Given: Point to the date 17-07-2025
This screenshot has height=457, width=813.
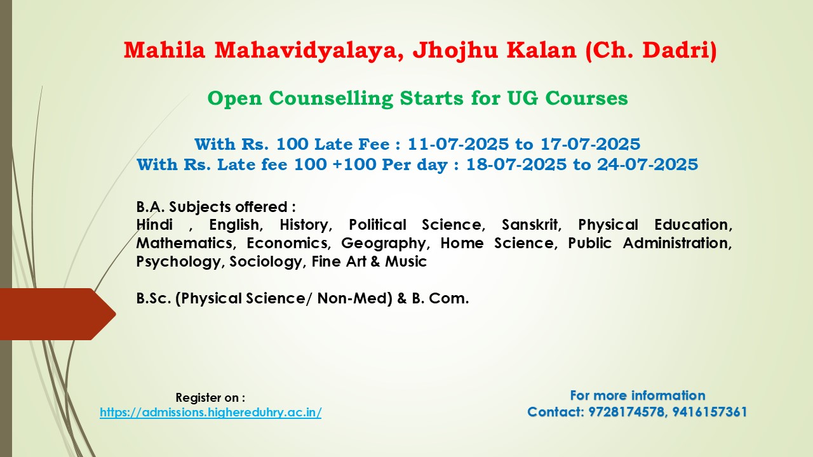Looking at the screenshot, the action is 591,144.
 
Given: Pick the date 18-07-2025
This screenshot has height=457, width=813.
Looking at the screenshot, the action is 516,164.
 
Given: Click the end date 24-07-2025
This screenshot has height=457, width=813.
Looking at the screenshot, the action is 648,164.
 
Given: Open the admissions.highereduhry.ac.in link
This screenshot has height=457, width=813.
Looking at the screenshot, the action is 210,413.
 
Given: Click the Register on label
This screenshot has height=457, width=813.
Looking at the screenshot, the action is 210,397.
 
